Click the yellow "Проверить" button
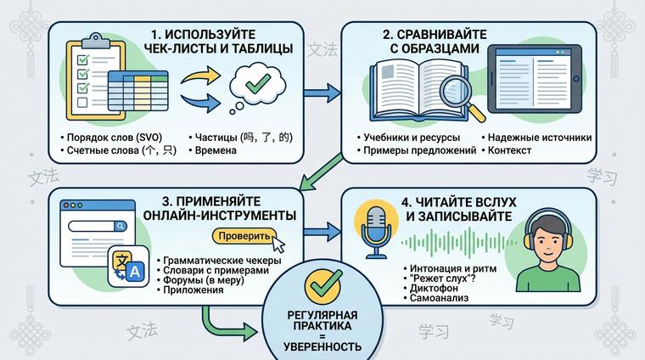pyautogui.click(x=245, y=235)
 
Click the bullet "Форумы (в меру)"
pyautogui.click(x=201, y=280)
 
